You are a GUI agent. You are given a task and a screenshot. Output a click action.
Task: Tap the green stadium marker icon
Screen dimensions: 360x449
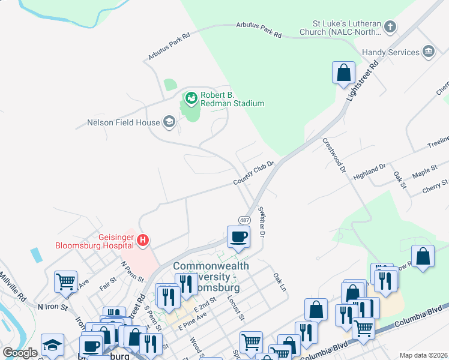tap(191, 97)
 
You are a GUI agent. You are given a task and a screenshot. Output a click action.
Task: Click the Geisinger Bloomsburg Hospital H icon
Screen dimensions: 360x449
tap(143, 241)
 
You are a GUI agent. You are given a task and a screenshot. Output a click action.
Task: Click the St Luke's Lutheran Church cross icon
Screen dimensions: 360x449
tap(390, 26)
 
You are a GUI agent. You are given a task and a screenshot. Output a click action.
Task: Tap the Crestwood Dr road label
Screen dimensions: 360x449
tap(335, 155)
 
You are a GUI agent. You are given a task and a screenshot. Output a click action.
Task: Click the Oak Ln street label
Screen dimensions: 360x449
tap(279, 283)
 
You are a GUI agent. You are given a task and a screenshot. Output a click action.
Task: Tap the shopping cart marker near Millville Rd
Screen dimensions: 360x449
tap(65, 281)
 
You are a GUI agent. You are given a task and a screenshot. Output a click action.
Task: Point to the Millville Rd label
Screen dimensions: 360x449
tap(13, 287)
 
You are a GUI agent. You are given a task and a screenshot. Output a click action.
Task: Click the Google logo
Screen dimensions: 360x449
tap(20, 353)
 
